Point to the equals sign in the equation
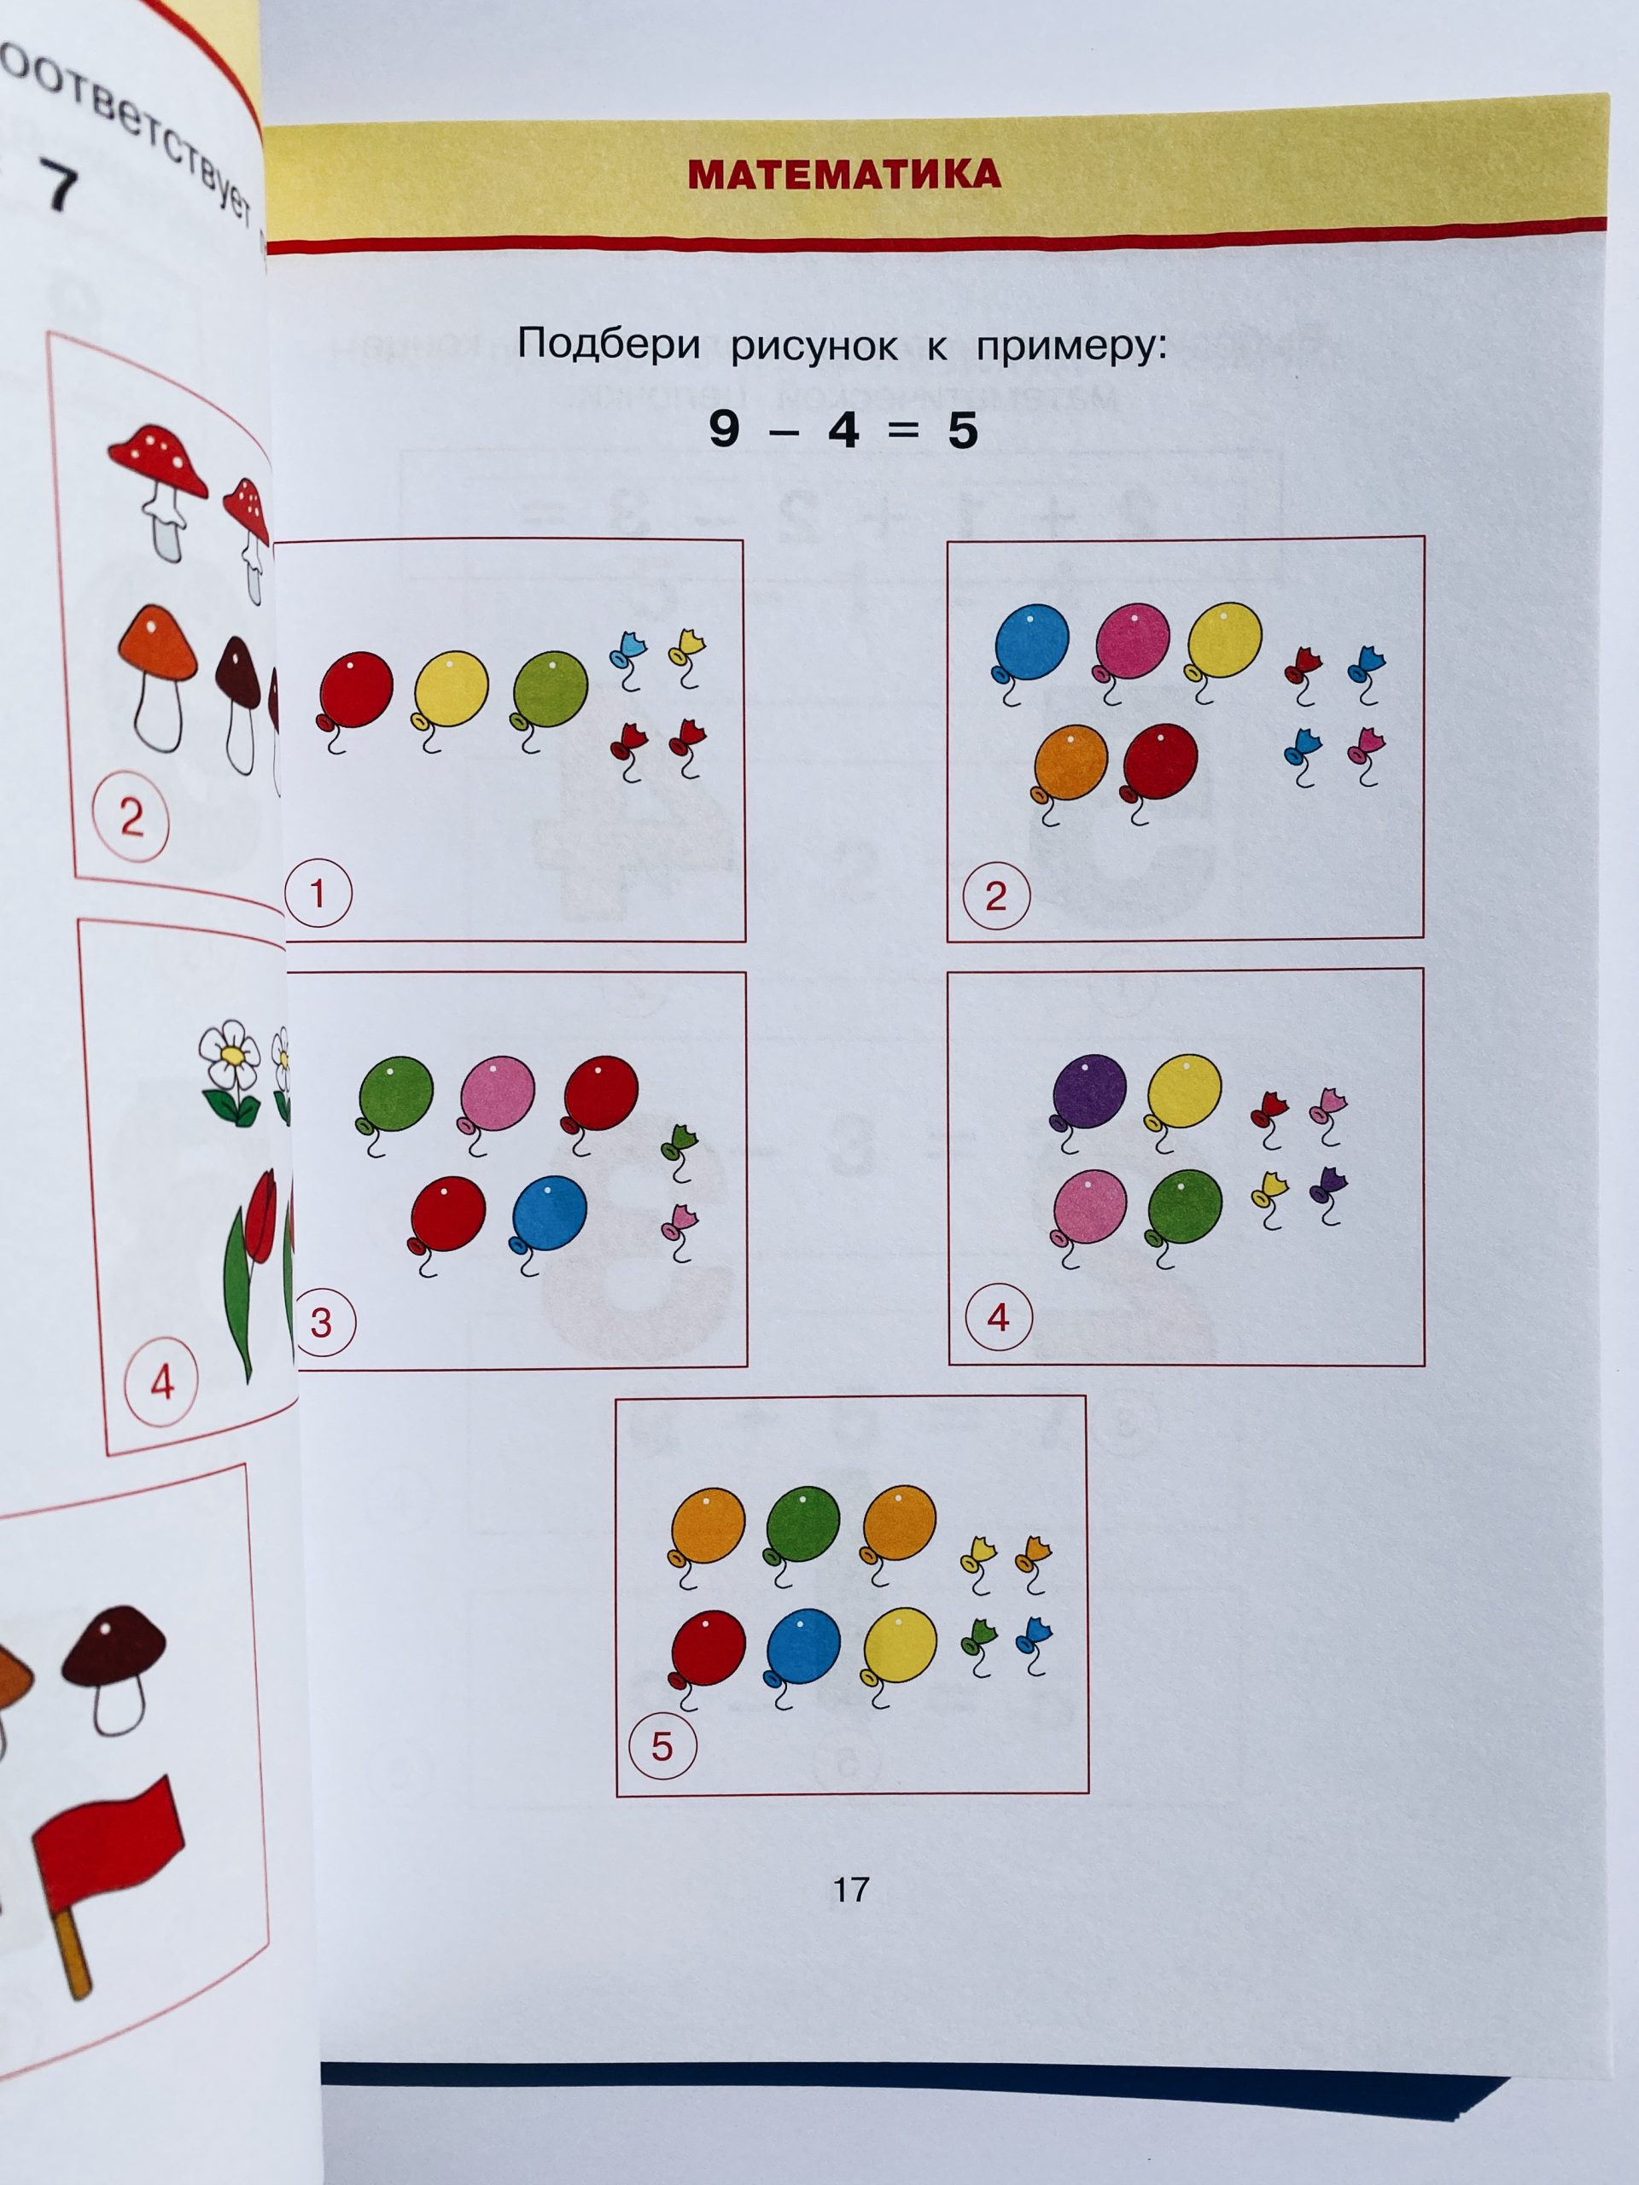pyautogui.click(x=903, y=431)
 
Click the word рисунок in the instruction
pyautogui.click(x=814, y=346)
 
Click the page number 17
pyautogui.click(x=850, y=1890)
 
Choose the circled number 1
pyautogui.click(x=318, y=894)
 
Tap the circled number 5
pyautogui.click(x=662, y=1745)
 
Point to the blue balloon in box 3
pyautogui.click(x=549, y=1213)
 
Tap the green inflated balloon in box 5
pyautogui.click(x=802, y=1525)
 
